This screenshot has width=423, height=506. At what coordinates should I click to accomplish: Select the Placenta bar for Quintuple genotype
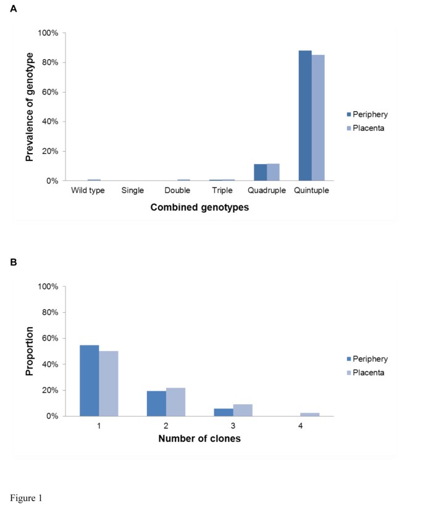click(x=318, y=118)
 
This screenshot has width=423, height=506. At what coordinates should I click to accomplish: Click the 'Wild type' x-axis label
click(x=88, y=191)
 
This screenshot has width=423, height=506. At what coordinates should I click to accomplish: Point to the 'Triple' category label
click(x=221, y=191)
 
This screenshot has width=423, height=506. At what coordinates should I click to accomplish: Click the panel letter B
click(x=13, y=262)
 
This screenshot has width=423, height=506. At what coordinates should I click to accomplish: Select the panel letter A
click(x=13, y=9)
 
